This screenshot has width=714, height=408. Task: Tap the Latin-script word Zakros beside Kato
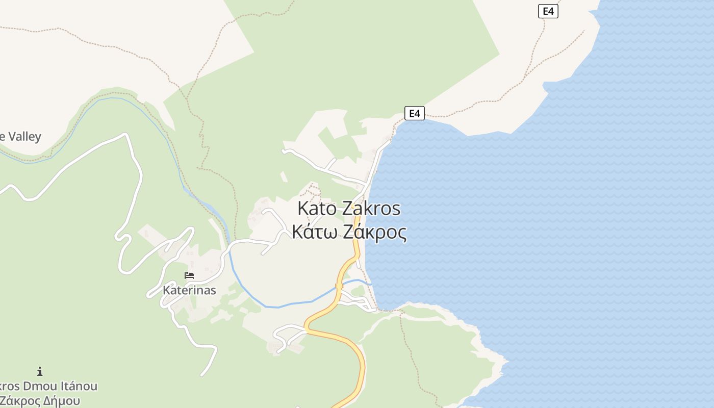pyautogui.click(x=371, y=209)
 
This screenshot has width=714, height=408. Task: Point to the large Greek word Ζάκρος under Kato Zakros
pyautogui.click(x=375, y=233)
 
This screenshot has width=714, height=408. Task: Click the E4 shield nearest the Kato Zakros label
pyautogui.click(x=414, y=113)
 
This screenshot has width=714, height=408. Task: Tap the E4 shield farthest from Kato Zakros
pyautogui.click(x=548, y=11)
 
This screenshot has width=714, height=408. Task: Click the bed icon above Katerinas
pyautogui.click(x=189, y=275)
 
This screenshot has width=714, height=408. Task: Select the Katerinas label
pyautogui.click(x=189, y=290)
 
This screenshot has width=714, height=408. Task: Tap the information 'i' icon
pyautogui.click(x=40, y=371)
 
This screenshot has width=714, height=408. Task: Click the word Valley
pyautogui.click(x=23, y=137)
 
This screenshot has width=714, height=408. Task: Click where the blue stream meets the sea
pyautogui.click(x=370, y=284)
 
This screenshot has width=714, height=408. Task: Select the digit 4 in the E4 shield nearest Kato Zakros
pyautogui.click(x=418, y=113)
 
